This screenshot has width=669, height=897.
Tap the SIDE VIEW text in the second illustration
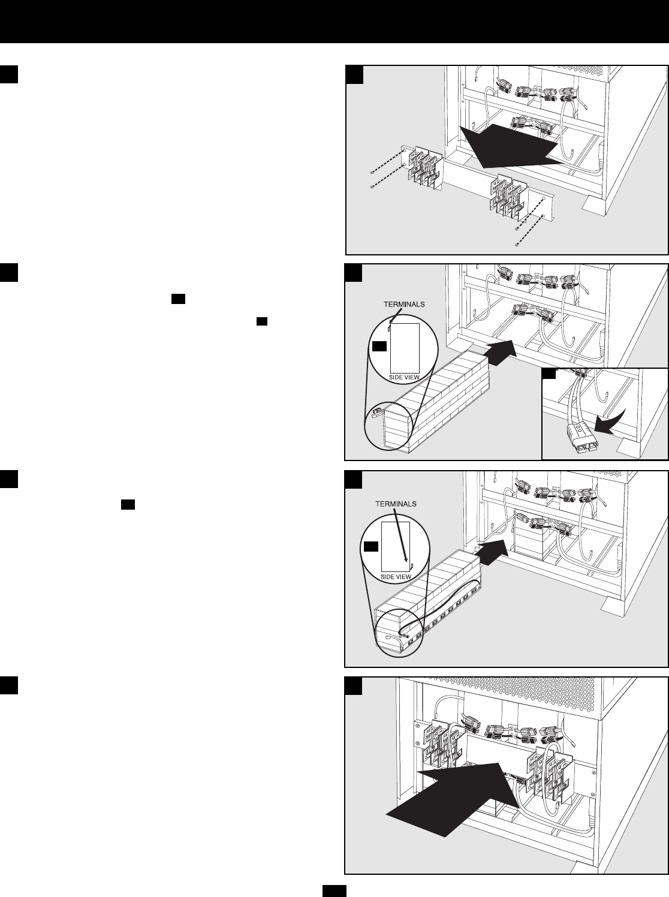point(403,377)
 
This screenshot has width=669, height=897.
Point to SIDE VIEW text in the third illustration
point(396,576)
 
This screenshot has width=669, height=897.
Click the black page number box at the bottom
point(334,890)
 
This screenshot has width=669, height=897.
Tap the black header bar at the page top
point(334,21)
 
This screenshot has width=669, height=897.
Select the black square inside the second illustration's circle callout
point(379,346)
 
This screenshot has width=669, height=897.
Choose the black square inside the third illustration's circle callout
point(371,546)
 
